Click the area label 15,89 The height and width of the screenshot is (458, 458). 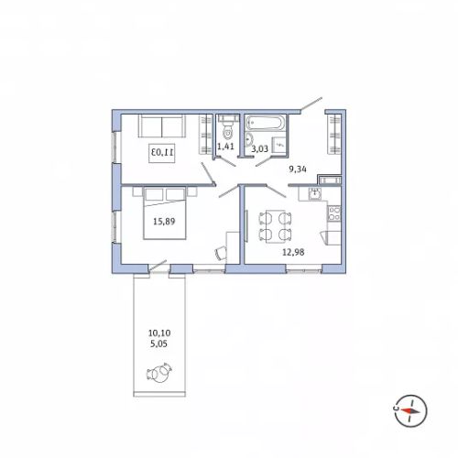point(164,222)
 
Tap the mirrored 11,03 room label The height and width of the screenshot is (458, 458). point(162,152)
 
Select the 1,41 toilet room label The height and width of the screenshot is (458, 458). point(225,147)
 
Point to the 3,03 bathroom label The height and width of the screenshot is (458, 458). point(260,148)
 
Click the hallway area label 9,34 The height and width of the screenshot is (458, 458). point(298,169)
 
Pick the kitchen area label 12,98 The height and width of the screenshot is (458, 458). point(293,252)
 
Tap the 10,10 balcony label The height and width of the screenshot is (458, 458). point(159,333)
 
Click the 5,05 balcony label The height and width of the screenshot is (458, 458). point(159,344)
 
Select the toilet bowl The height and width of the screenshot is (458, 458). point(227,127)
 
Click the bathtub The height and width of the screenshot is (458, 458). point(267,123)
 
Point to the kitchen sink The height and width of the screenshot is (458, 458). point(315,193)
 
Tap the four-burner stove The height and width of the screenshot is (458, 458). point(334,213)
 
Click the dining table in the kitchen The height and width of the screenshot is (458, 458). point(276,226)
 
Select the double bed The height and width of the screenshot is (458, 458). point(165,213)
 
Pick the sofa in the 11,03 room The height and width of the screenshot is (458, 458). point(162,125)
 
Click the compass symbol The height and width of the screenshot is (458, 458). point(410,410)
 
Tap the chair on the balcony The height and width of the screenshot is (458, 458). point(159,373)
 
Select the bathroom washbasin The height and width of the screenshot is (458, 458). point(249,139)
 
